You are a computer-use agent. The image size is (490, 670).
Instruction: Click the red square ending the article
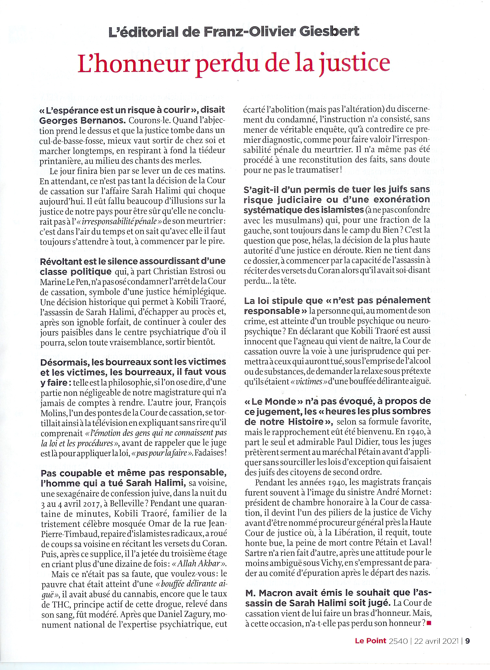[429, 623]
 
